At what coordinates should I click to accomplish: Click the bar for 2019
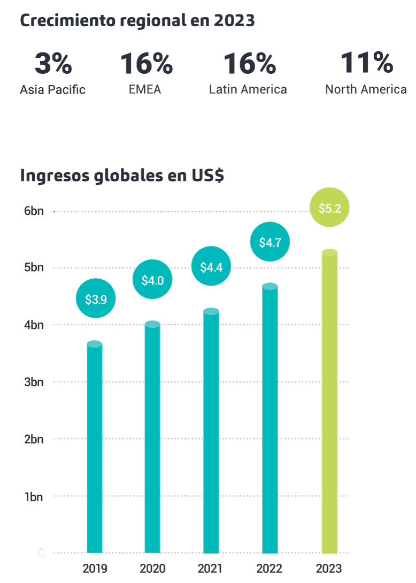click(95, 449)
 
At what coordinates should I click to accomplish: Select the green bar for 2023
click(329, 401)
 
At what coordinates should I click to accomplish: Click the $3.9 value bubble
click(96, 298)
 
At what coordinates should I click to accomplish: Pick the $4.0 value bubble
click(152, 279)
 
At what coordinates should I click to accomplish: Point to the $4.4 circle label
click(211, 266)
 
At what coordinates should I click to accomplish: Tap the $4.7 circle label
click(270, 242)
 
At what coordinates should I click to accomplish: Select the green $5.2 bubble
click(329, 208)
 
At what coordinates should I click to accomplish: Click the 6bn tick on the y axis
click(34, 211)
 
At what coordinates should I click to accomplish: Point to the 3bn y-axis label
click(34, 382)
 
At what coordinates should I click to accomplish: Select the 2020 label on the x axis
click(152, 568)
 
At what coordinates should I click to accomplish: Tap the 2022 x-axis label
click(270, 568)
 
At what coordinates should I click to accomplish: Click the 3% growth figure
click(53, 64)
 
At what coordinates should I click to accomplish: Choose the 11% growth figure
click(366, 63)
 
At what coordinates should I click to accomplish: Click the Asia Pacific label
click(52, 89)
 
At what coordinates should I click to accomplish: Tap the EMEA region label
click(145, 89)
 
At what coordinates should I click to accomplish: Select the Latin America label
click(248, 89)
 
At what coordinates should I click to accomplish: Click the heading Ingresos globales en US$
click(122, 175)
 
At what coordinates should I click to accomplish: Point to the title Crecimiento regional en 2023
click(137, 21)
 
